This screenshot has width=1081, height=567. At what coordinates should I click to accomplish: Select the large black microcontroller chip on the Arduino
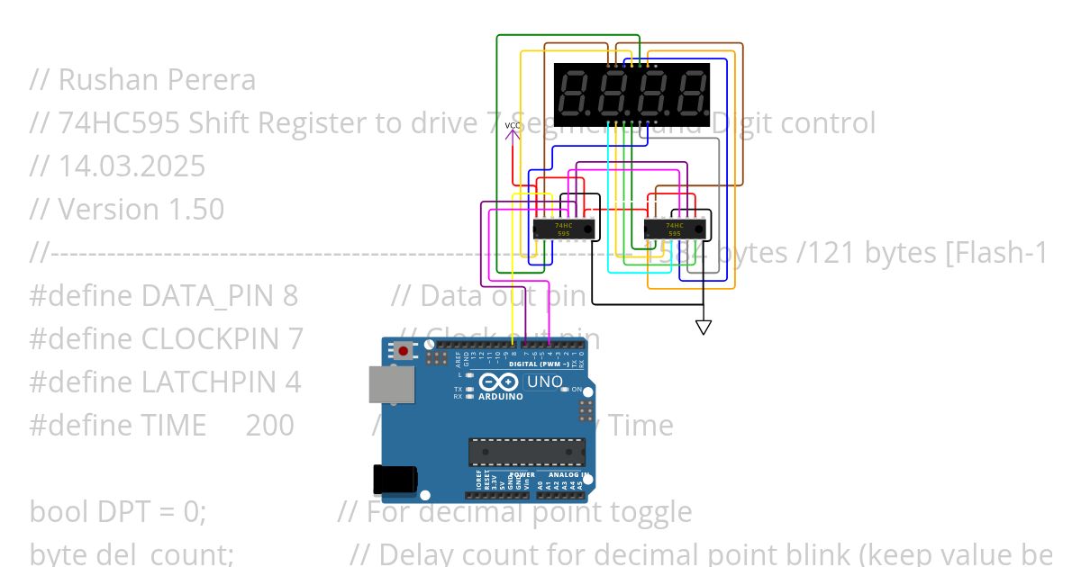(x=526, y=451)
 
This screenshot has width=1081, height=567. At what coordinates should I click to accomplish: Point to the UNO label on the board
(x=544, y=382)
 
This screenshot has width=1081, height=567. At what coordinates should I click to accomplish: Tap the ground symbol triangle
(x=704, y=327)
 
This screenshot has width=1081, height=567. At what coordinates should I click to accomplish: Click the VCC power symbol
(x=513, y=130)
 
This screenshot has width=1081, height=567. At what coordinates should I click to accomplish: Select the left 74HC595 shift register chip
(x=564, y=229)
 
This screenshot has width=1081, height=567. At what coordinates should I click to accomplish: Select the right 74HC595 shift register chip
(x=675, y=229)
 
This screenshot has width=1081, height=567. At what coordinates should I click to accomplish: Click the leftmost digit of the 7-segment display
(x=576, y=94)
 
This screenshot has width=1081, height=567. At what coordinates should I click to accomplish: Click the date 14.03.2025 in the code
(x=132, y=166)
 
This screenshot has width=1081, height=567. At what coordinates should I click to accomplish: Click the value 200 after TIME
(x=269, y=426)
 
